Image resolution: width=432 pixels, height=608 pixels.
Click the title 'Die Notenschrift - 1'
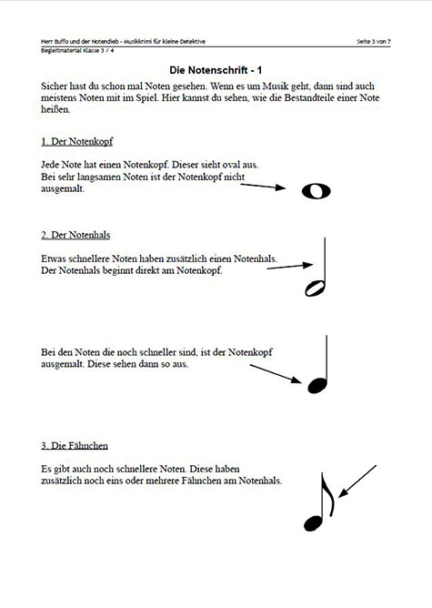(216, 69)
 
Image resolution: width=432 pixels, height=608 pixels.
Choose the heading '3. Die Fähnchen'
(75, 445)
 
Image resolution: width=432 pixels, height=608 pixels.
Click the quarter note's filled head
(315, 384)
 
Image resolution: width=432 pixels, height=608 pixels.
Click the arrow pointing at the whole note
(270, 187)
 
